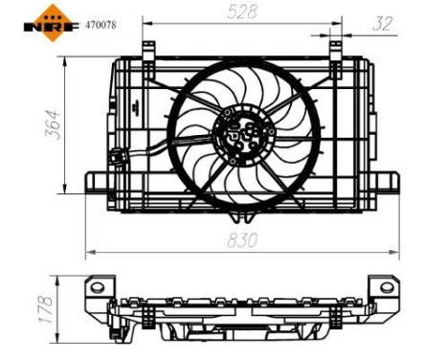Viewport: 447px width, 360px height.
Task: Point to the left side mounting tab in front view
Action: coord(99,185)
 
